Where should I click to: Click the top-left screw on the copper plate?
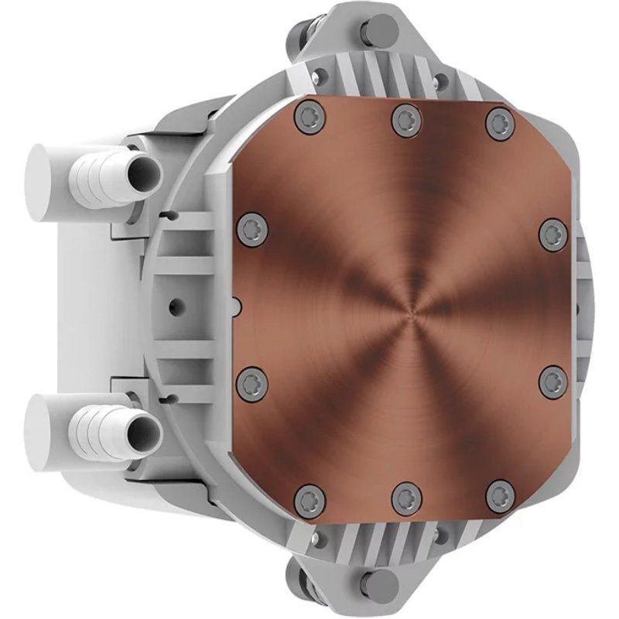click(309, 118)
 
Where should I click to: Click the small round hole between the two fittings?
click(177, 303)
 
